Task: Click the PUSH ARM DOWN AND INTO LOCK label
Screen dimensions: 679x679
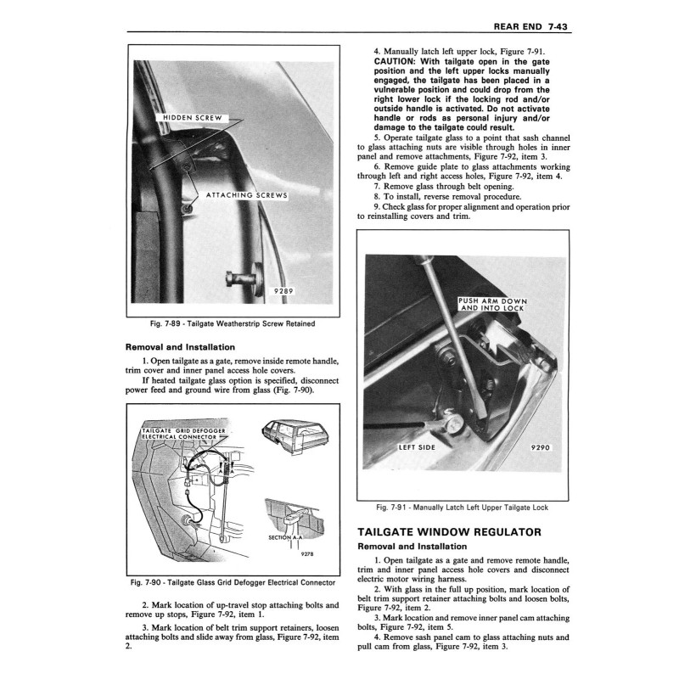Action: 492,305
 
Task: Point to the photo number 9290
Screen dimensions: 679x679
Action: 541,446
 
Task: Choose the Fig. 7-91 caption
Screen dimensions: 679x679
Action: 462,508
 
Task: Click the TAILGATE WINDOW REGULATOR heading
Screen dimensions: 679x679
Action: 450,531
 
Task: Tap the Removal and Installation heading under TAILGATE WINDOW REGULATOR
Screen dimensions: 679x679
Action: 412,547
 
